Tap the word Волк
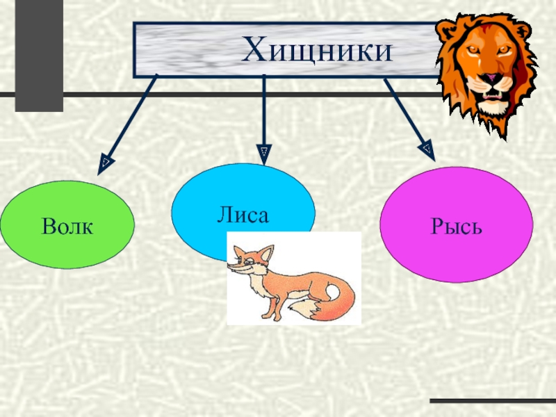(67, 226)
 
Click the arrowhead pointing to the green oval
(104, 163)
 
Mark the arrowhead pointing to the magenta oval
(426, 148)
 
